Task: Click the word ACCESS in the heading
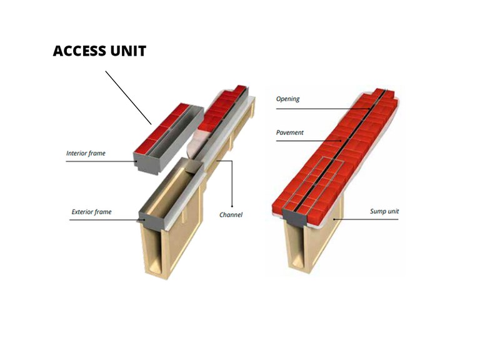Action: point(79,51)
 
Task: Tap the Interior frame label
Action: point(86,152)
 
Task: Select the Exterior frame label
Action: point(91,212)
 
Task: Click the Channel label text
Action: point(231,215)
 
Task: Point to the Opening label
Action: point(288,99)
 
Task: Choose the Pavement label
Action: point(291,132)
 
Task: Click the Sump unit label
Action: point(384,211)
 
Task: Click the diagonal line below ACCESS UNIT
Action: point(128,97)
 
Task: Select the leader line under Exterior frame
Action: point(103,219)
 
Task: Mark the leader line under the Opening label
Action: point(319,107)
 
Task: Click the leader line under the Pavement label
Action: point(306,141)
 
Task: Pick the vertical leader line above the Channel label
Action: point(232,184)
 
